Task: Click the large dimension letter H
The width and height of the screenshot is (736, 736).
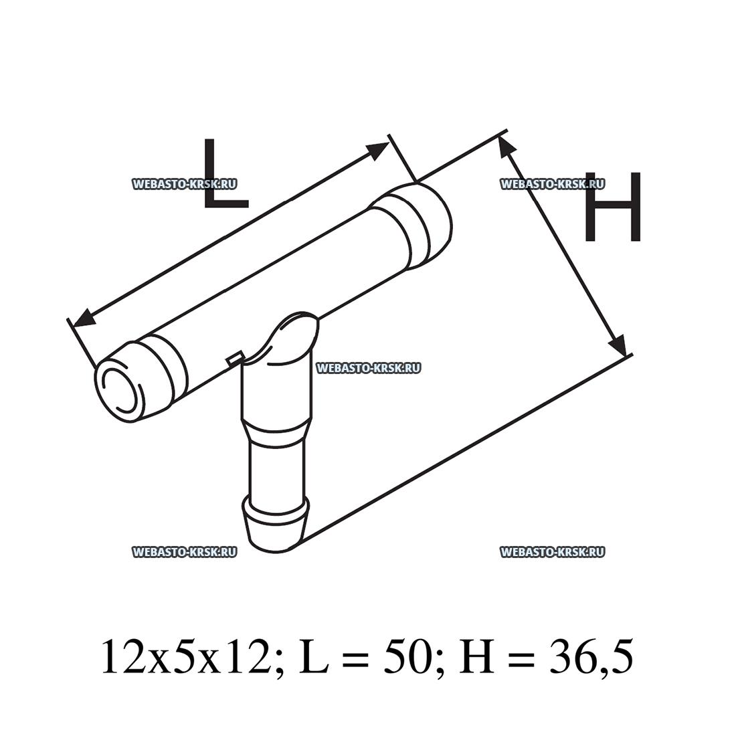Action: click(x=612, y=207)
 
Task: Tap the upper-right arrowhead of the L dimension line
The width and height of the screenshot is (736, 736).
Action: click(x=379, y=149)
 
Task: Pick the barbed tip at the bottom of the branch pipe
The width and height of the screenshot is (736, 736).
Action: click(x=276, y=523)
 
